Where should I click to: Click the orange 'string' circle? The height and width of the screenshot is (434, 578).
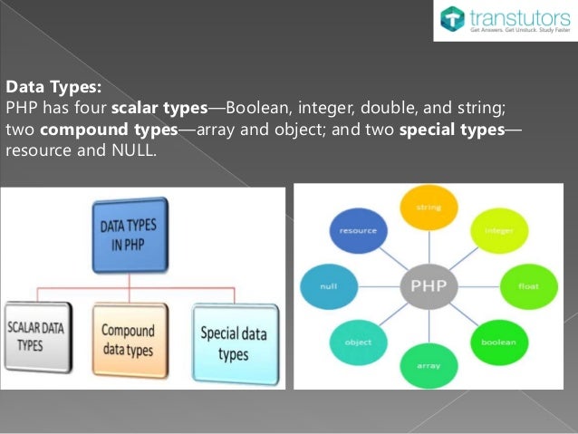pyautogui.click(x=428, y=207)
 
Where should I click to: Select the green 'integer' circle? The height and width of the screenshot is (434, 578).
pyautogui.click(x=498, y=230)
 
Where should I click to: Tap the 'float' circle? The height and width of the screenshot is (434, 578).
pyautogui.click(x=527, y=286)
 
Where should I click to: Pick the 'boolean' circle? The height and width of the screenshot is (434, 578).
pyautogui.click(x=499, y=342)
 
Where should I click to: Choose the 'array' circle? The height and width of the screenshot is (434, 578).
pyautogui.click(x=428, y=366)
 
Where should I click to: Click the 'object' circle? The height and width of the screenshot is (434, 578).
pyautogui.click(x=358, y=342)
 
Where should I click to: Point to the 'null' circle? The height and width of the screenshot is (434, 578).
pyautogui.click(x=328, y=286)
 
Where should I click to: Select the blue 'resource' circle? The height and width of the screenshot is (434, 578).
pyautogui.click(x=358, y=230)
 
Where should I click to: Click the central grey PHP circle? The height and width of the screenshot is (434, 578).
pyautogui.click(x=428, y=287)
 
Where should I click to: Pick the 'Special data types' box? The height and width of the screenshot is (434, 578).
pyautogui.click(x=232, y=341)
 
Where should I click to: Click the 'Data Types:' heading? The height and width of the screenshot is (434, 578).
pyautogui.click(x=54, y=88)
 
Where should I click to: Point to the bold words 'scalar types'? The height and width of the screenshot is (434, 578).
pyautogui.click(x=155, y=109)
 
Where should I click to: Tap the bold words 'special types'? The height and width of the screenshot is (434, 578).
pyautogui.click(x=451, y=130)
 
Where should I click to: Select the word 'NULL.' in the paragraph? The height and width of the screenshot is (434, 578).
pyautogui.click(x=133, y=150)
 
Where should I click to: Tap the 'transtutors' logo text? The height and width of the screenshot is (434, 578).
pyautogui.click(x=520, y=15)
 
